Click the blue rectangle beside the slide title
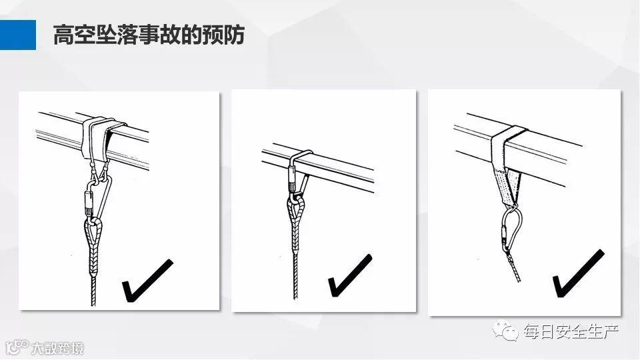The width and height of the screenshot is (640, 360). (18, 35)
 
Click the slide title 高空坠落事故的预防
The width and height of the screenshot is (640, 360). (149, 35)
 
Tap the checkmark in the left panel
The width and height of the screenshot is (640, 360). (147, 281)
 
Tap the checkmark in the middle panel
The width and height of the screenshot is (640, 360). (350, 275)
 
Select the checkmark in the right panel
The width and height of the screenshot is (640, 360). (578, 273)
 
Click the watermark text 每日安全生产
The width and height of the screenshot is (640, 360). (571, 331)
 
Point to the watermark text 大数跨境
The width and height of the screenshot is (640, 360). (57, 348)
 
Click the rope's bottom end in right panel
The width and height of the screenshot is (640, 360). (519, 281)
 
